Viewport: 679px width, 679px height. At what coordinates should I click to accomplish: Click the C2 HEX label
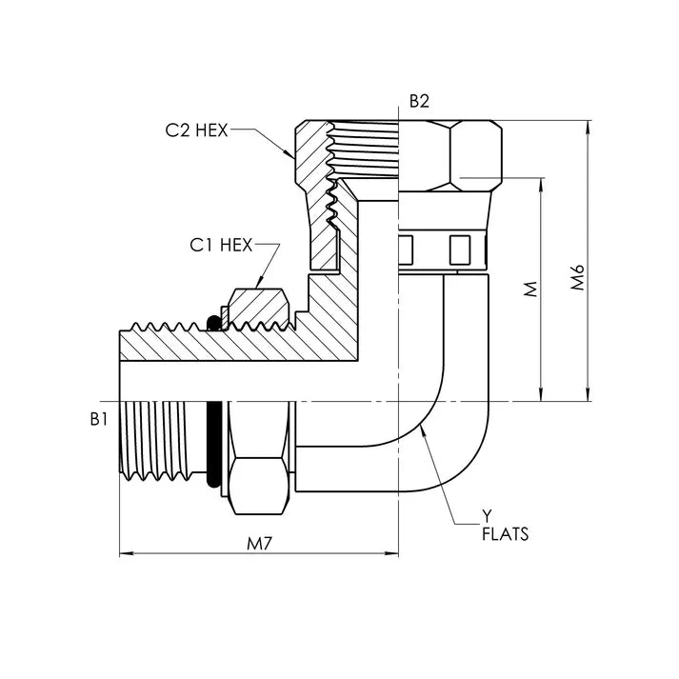(196, 131)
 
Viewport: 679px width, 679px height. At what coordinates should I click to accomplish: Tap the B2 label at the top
(419, 102)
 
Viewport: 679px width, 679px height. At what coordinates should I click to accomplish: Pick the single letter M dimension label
(531, 289)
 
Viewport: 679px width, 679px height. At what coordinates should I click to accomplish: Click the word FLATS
(505, 534)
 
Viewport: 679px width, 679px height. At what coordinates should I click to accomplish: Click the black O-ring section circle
(215, 324)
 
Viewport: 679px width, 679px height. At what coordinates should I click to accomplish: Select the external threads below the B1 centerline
(162, 440)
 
